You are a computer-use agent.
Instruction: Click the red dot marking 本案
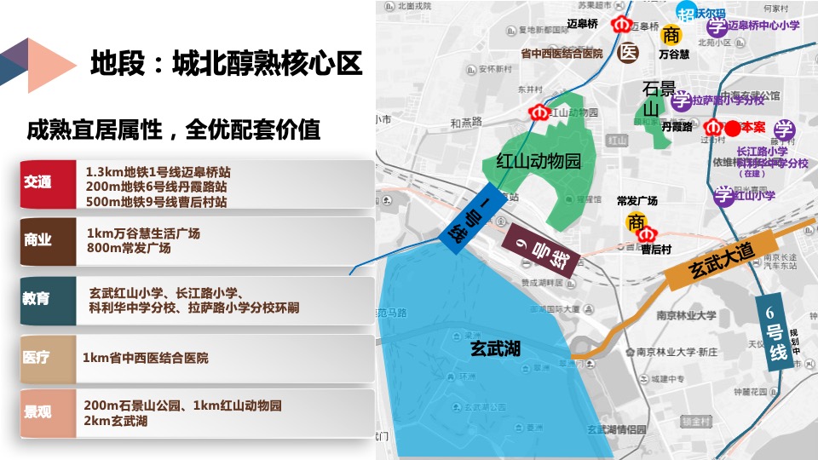pos(731,129)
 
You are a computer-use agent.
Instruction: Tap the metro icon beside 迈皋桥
pos(619,25)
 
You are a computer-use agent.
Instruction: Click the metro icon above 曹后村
pos(647,233)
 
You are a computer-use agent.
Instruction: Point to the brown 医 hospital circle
pos(628,53)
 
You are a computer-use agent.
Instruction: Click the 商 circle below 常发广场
pos(637,221)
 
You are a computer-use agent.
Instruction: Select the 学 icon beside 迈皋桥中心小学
pos(717,26)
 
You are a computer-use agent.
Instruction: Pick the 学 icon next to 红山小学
pos(723,196)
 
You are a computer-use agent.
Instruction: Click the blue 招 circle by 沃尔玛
pos(687,13)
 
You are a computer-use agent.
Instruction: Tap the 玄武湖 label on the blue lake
pos(495,348)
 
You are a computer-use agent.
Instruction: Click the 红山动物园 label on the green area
pos(539,160)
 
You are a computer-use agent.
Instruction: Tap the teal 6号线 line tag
pos(774,331)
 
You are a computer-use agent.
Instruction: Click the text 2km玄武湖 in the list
pos(117,421)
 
